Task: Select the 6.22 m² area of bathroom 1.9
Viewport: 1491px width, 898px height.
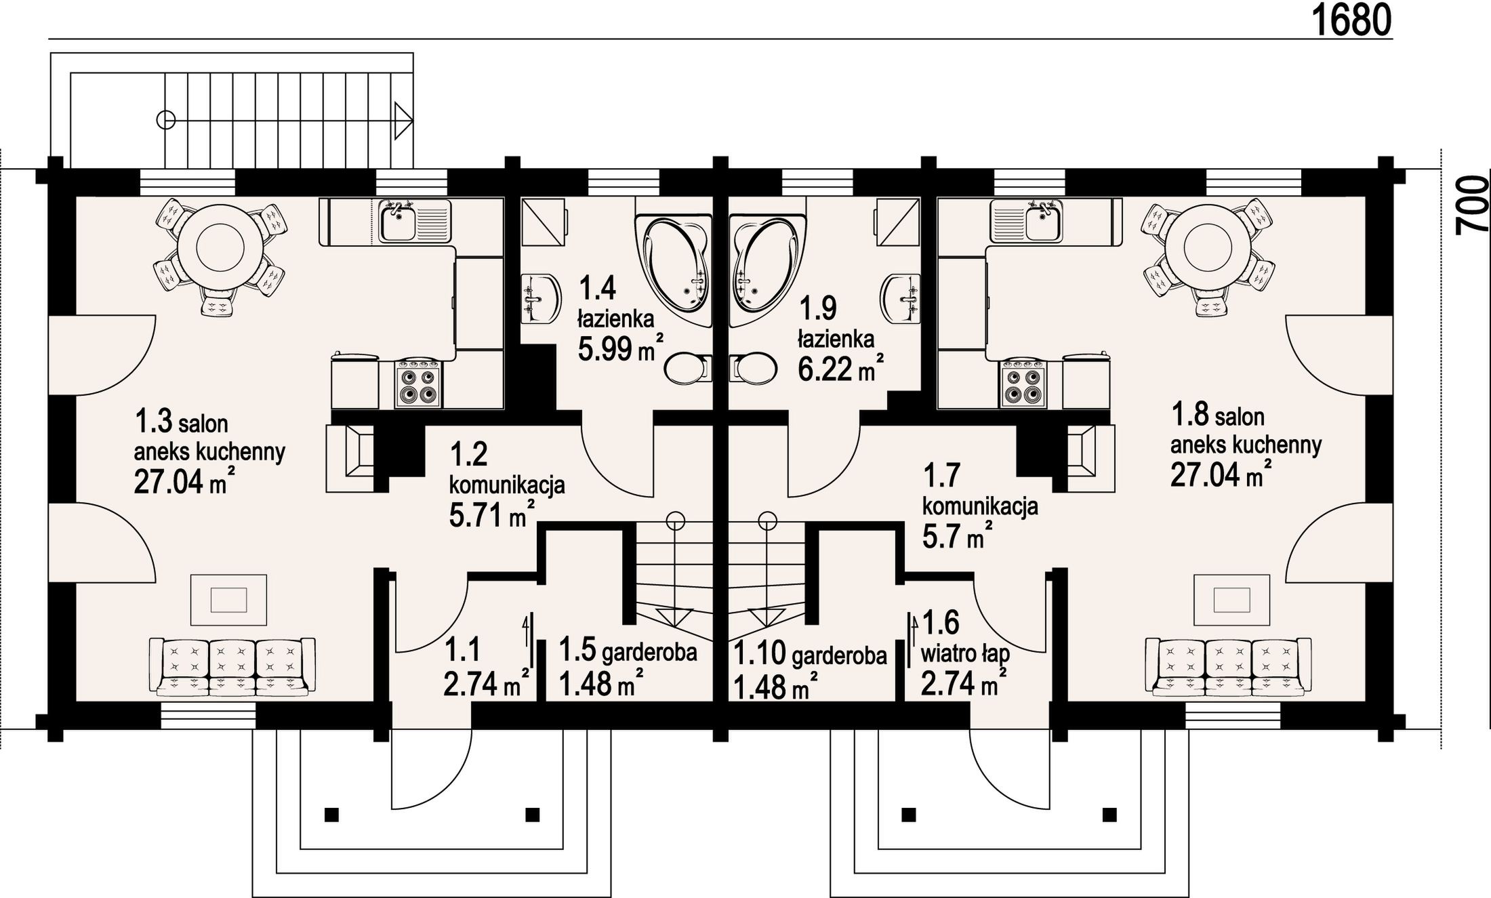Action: coord(840,368)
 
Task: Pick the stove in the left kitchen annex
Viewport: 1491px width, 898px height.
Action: coord(419,384)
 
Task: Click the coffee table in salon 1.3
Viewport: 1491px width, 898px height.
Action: coord(228,600)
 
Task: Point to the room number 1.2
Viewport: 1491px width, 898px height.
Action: coord(468,455)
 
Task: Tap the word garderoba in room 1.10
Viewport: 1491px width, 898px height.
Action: coord(838,655)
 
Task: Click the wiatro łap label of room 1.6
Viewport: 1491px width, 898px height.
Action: coord(965,655)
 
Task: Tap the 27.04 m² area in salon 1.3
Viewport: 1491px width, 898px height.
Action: coord(184,482)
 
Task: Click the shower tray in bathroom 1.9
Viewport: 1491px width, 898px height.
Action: coord(897,222)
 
